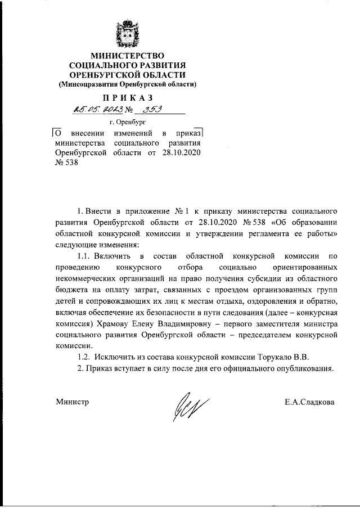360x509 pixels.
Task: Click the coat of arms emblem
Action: tap(127, 34)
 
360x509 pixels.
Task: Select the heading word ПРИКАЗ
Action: tap(128, 98)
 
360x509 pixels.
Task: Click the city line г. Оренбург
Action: tap(127, 121)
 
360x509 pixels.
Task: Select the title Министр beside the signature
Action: tap(73, 402)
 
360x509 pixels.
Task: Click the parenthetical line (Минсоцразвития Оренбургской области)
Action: tap(128, 84)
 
